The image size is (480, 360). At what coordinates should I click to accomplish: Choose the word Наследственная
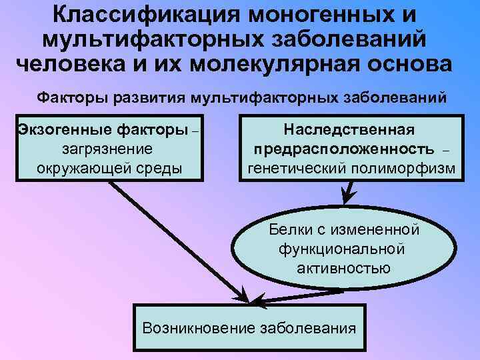[x=349, y=129]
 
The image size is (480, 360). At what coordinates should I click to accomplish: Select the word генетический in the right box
[x=296, y=167]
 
